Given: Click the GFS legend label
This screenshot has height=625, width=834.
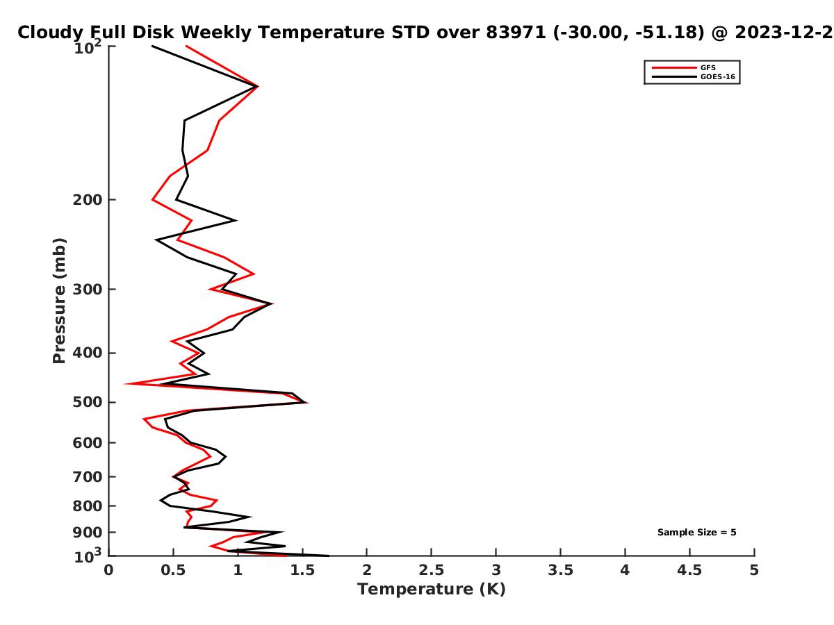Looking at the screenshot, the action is coord(708,67).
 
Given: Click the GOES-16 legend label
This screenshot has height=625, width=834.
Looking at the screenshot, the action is coord(717,76).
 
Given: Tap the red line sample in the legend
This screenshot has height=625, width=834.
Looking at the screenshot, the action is coord(674,67).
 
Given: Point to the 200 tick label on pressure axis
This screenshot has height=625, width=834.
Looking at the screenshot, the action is coord(88,199).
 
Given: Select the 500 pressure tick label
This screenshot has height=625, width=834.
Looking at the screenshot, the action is coord(88,402).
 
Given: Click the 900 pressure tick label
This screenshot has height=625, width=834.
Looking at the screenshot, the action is coord(88,533).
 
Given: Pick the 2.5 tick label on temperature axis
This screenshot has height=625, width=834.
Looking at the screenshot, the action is coord(431,570).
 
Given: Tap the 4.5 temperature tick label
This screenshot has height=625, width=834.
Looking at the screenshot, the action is coord(689,570).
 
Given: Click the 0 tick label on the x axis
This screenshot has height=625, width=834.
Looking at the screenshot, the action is coord(108,570).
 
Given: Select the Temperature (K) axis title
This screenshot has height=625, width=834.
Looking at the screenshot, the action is coord(432,590).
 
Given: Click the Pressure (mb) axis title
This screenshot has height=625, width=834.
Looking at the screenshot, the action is coord(59,301).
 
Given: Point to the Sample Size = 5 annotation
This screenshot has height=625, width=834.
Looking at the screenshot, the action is coord(697,533).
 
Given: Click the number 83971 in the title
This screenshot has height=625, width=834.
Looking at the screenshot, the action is coord(516,33).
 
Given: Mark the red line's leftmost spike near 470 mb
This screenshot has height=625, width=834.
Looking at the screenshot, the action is coord(125,384).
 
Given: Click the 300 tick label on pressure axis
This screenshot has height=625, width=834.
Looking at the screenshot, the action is coord(88,290).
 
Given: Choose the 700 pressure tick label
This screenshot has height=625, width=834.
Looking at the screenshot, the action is coord(88,477).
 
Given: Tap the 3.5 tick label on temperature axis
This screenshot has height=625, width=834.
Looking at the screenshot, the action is coord(560,570).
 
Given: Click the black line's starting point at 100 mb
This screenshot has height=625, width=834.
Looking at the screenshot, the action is coord(152,47).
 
